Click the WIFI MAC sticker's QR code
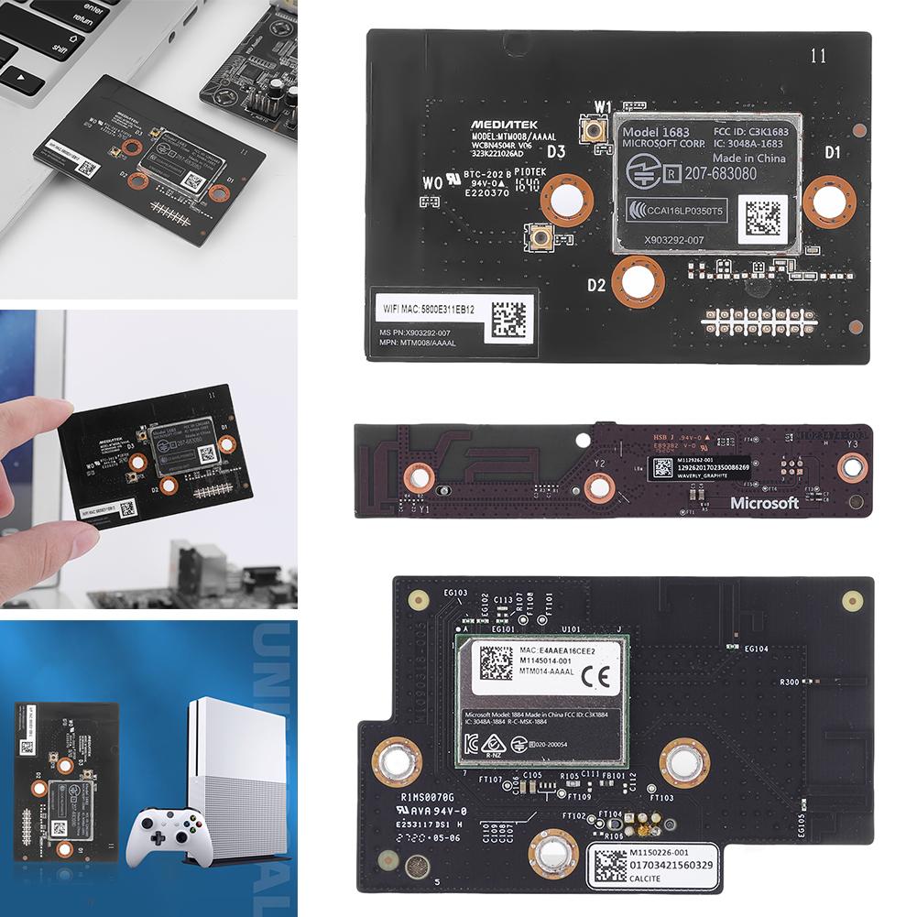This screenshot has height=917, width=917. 509,318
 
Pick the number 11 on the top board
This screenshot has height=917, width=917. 818,57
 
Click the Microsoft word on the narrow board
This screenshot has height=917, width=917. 764,503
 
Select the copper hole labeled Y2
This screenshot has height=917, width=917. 600,487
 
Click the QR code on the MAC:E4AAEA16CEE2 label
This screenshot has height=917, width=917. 496,663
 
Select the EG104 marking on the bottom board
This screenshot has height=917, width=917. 757,649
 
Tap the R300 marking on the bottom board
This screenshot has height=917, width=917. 789,682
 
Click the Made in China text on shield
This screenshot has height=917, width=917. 759,158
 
